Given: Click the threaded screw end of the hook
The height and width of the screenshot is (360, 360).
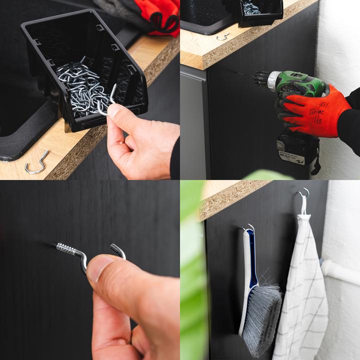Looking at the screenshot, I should (x=66, y=247).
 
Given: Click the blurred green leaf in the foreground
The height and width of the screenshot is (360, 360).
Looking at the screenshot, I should (x=192, y=280).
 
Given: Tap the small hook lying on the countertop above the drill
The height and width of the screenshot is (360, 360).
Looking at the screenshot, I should (x=222, y=36).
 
